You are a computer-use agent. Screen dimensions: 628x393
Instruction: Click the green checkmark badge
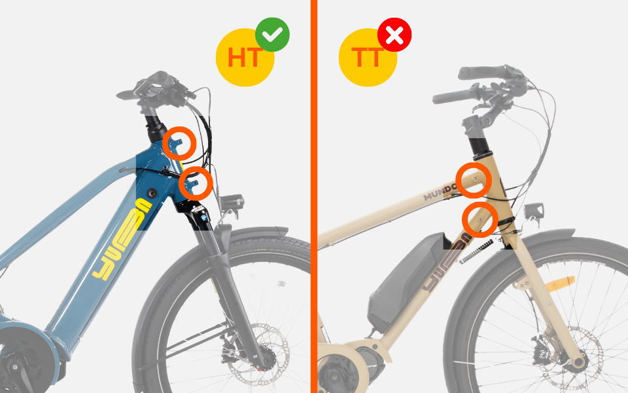pos(272,35)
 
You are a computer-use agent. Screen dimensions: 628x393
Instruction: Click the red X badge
pos(394,35)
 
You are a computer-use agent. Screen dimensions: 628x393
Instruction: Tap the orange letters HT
pos(245,58)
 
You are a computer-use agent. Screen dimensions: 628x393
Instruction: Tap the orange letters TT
pos(368,58)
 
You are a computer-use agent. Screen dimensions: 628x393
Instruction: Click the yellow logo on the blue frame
pos(122,239)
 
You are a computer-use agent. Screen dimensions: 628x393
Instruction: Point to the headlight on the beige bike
pos(534,211)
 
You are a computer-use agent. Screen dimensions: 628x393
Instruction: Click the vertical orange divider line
pos(313,196)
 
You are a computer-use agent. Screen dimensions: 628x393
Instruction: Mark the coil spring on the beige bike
pos(476,252)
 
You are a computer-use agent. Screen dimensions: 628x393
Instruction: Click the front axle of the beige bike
pos(578,363)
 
